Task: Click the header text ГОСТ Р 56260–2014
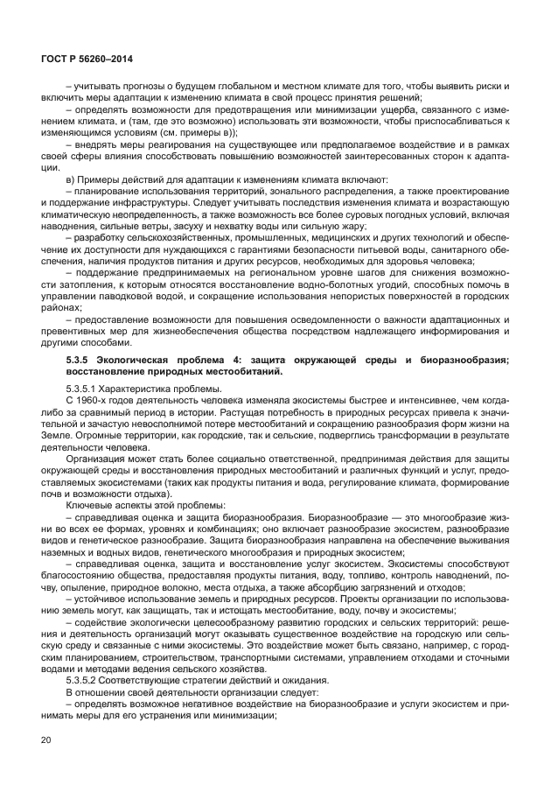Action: [86, 59]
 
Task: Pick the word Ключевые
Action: [88, 505]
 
